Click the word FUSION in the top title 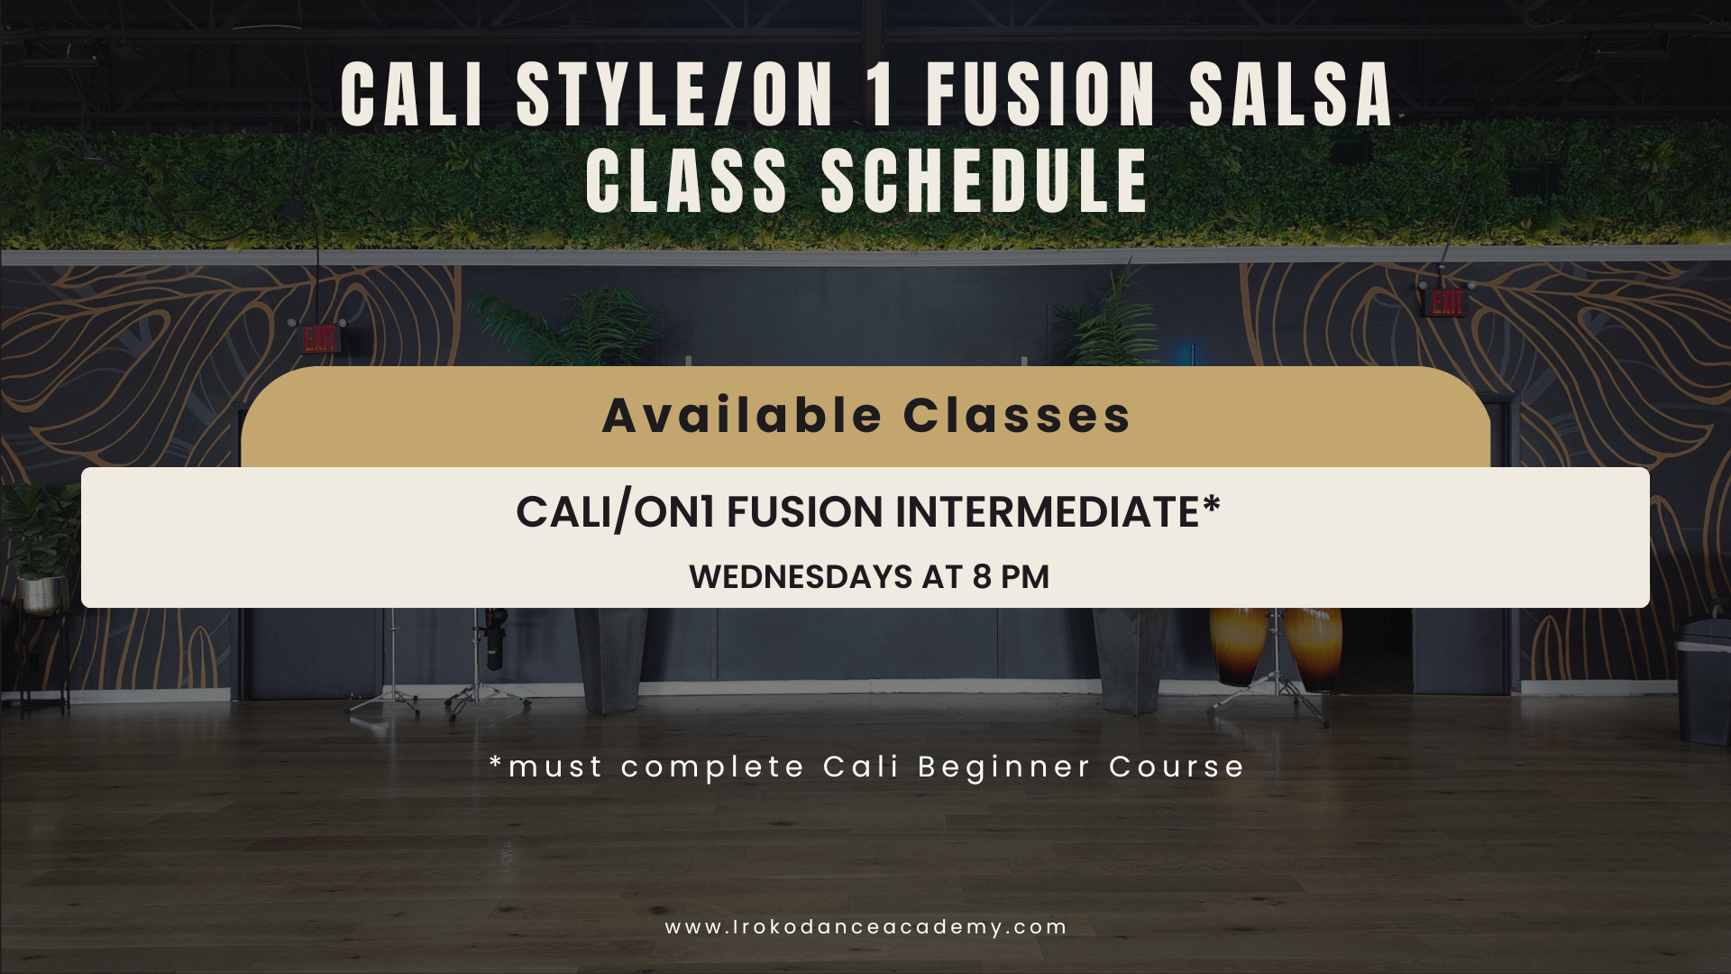[1040, 95]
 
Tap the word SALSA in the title [1291, 95]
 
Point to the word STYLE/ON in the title [675, 95]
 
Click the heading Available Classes [866, 416]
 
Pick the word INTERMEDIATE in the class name [1047, 512]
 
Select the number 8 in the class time [982, 577]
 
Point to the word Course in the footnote [1177, 767]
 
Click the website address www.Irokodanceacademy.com [866, 927]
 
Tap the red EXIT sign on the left [320, 339]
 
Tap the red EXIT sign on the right [1447, 303]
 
